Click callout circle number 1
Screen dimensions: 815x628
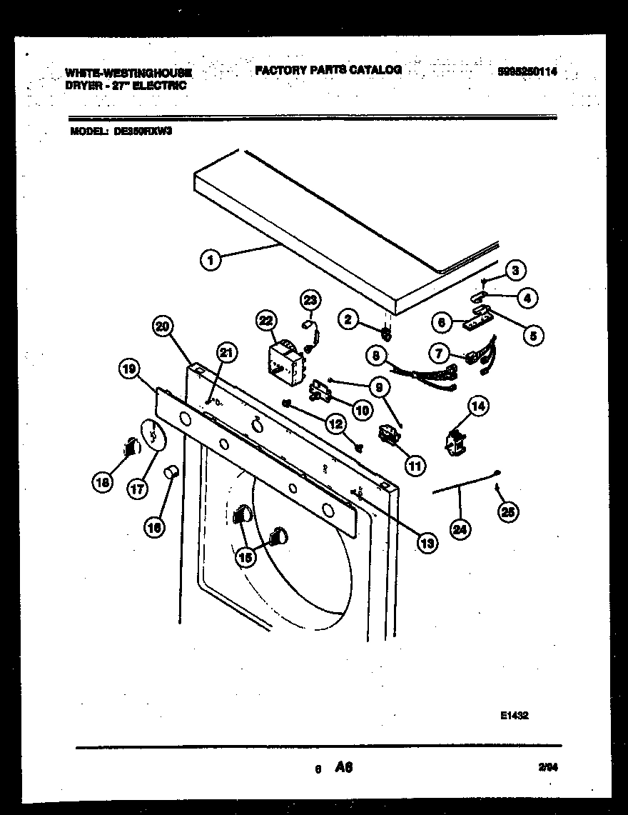[211, 261]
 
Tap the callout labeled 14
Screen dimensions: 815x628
[478, 407]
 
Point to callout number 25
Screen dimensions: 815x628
[509, 511]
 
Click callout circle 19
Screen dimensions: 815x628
[128, 369]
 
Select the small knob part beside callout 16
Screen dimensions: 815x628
[171, 471]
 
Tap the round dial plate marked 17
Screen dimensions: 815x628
[153, 436]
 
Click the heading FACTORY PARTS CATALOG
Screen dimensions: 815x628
[328, 69]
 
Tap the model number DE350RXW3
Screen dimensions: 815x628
[142, 131]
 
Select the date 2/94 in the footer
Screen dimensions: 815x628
[547, 767]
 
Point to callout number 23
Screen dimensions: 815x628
[312, 300]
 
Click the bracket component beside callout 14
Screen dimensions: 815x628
[455, 444]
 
